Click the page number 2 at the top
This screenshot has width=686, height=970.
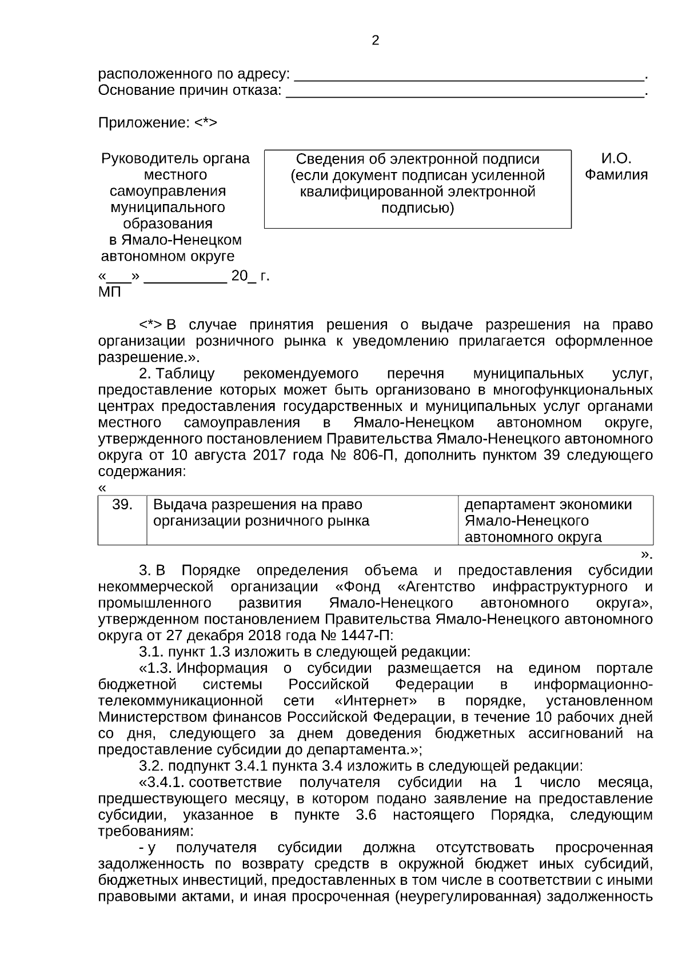pyautogui.click(x=375, y=41)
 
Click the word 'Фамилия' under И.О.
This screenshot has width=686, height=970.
pyautogui.click(x=616, y=175)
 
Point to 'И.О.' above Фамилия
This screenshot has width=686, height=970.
pyautogui.click(x=616, y=158)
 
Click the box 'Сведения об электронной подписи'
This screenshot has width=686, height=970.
pyautogui.click(x=417, y=189)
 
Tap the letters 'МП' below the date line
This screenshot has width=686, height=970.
pyautogui.click(x=110, y=293)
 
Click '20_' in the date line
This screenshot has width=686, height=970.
pyautogui.click(x=243, y=277)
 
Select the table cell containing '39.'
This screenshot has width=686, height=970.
pyautogui.click(x=122, y=519)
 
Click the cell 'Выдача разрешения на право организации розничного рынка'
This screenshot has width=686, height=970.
pyautogui.click(x=302, y=519)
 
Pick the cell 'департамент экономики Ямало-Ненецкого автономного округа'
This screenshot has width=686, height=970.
pyautogui.click(x=555, y=520)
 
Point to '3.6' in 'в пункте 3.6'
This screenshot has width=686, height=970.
pyautogui.click(x=366, y=815)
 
